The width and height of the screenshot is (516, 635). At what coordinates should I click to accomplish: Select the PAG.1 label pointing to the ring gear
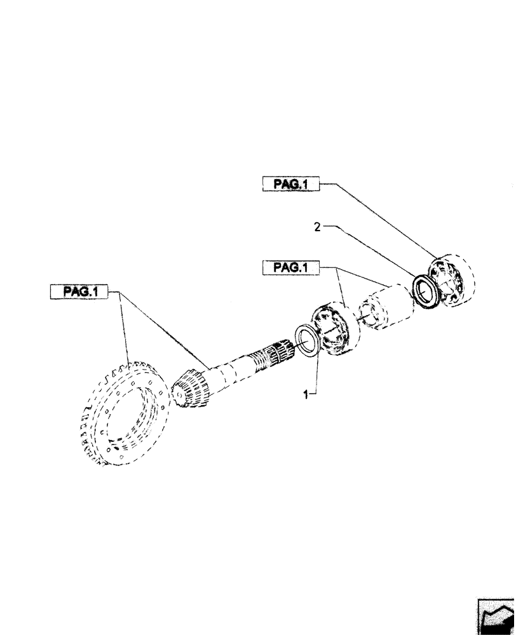point(79,292)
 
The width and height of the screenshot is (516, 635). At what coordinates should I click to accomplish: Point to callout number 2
point(316,226)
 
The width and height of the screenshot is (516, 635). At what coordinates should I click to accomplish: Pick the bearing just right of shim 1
point(336,327)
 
